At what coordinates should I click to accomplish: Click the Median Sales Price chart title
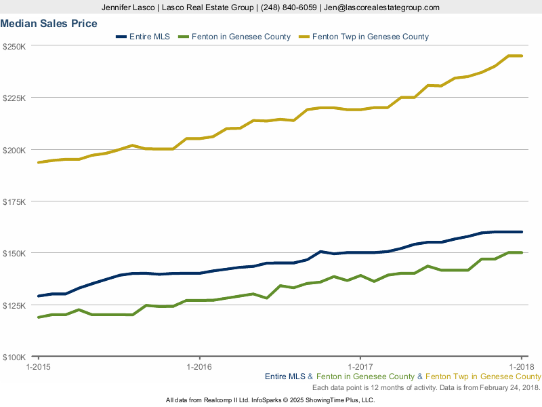49,24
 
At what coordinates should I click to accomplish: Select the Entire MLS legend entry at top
149,37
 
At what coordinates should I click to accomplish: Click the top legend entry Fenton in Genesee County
241,37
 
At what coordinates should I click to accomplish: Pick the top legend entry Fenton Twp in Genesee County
369,37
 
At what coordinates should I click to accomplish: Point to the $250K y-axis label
14,46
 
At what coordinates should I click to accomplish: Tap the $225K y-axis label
14,98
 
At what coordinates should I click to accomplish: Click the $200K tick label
14,150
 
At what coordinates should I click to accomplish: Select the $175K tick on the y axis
14,201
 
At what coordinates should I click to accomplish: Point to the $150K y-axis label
14,253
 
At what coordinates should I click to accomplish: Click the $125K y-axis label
14,305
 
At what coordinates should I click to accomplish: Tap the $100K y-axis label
14,357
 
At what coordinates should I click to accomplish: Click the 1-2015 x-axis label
38,367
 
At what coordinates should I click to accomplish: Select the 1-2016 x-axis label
199,367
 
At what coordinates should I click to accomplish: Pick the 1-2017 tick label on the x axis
360,367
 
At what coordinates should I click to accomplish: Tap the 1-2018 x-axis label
520,367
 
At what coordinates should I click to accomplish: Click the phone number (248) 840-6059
287,7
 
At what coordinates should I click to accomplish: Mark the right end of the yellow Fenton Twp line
521,56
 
